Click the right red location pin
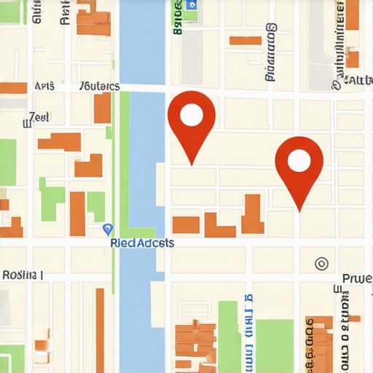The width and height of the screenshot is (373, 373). pos(299,162)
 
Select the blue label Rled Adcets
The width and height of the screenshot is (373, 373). pos(142,243)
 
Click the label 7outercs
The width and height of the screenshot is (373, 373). pos(99,86)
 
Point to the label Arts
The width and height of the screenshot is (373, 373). pos(45,86)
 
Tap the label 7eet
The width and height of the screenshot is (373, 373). pos(39,117)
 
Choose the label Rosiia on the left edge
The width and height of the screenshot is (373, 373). pos(22,275)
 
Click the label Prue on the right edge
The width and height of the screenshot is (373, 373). pos(357,278)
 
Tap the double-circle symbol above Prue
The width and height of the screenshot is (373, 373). pos(321,263)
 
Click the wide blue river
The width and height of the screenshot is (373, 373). pos(142,146)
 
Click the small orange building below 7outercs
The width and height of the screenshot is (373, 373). pos(102,108)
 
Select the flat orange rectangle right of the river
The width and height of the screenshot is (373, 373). pos(186,224)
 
